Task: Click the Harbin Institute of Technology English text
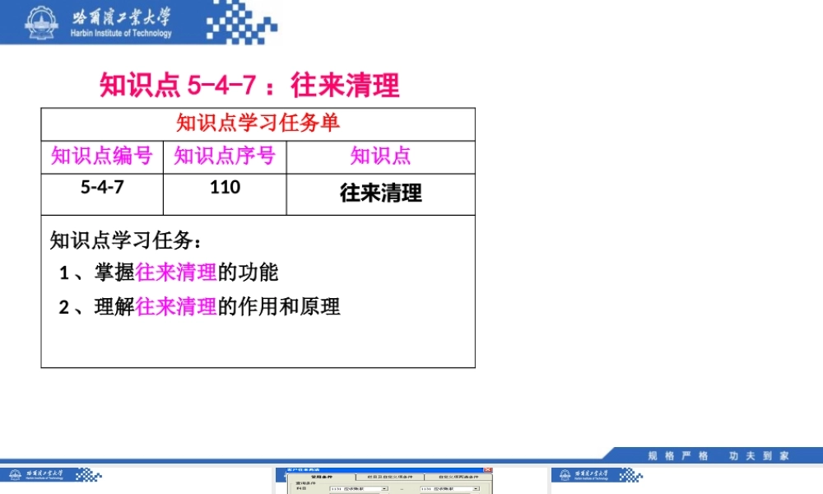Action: click(x=121, y=34)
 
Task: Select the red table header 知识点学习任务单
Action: click(x=258, y=123)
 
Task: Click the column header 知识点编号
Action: click(x=102, y=156)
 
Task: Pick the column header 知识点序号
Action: click(x=225, y=156)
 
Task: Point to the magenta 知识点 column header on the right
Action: click(x=380, y=156)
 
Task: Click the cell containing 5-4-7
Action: click(x=102, y=188)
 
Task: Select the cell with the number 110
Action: click(x=225, y=188)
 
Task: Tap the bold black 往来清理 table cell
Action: click(x=380, y=193)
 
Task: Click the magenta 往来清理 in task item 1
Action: click(x=176, y=273)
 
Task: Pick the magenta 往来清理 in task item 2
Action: click(x=176, y=307)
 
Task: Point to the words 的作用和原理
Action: click(x=278, y=307)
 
